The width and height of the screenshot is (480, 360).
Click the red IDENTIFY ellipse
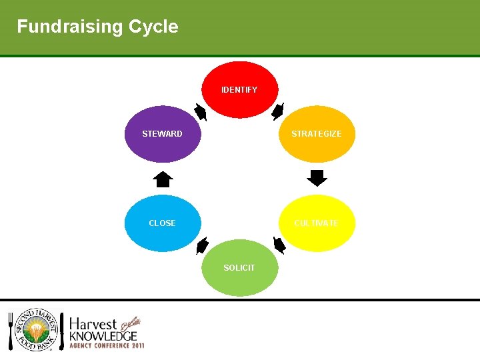(x=239, y=89)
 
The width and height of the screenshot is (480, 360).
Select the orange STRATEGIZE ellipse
(x=317, y=134)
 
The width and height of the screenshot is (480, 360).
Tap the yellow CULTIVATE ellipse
(x=317, y=223)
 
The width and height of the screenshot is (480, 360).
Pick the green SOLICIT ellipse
(x=239, y=267)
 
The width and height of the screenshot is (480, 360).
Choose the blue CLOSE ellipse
(x=162, y=223)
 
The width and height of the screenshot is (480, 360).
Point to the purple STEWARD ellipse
(x=162, y=134)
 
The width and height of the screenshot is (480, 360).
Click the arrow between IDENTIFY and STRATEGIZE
(x=278, y=111)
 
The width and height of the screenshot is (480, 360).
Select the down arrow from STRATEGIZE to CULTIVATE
(x=317, y=178)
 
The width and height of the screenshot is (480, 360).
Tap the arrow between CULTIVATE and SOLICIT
(x=279, y=245)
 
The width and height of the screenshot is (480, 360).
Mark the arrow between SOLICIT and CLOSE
(x=202, y=245)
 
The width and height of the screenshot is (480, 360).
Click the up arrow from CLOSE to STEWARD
(x=163, y=179)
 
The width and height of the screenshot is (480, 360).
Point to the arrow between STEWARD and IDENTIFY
(x=201, y=112)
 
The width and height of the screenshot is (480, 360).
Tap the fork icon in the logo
(x=11, y=331)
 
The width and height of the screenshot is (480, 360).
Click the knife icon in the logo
(x=62, y=331)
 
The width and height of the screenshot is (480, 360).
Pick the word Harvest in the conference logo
(x=93, y=323)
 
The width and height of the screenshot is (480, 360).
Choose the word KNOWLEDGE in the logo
(x=103, y=336)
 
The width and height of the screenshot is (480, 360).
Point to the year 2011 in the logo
(x=137, y=346)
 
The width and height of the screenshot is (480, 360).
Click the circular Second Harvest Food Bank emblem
(x=35, y=331)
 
